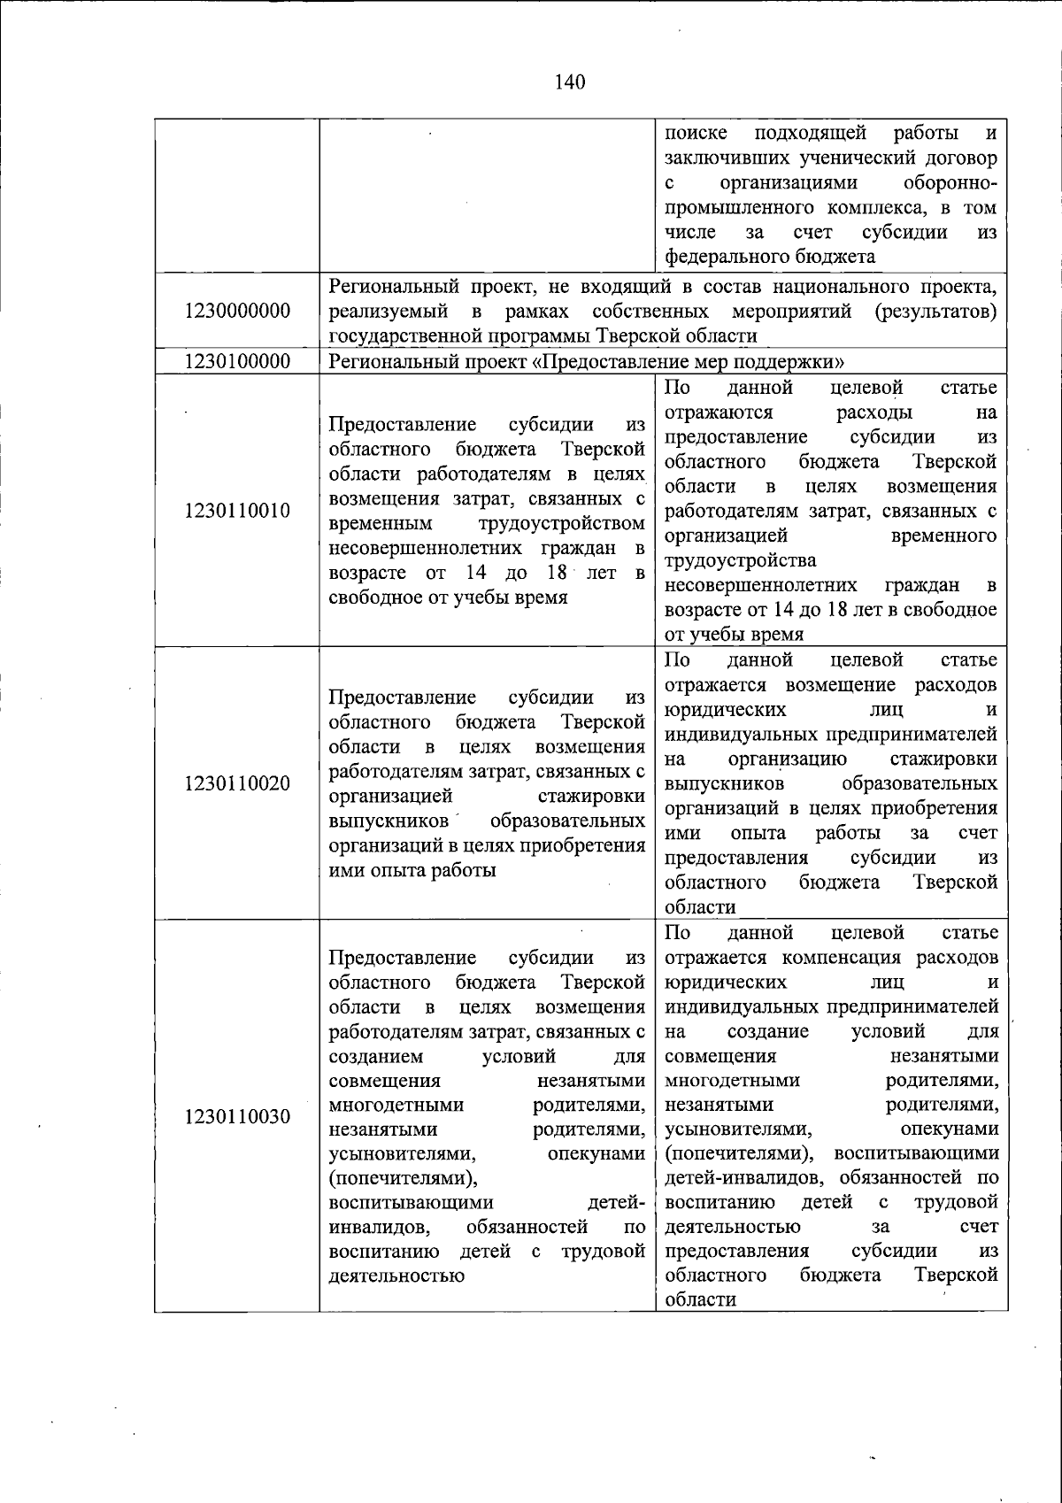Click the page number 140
tap(570, 82)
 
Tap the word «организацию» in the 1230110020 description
tap(787, 759)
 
